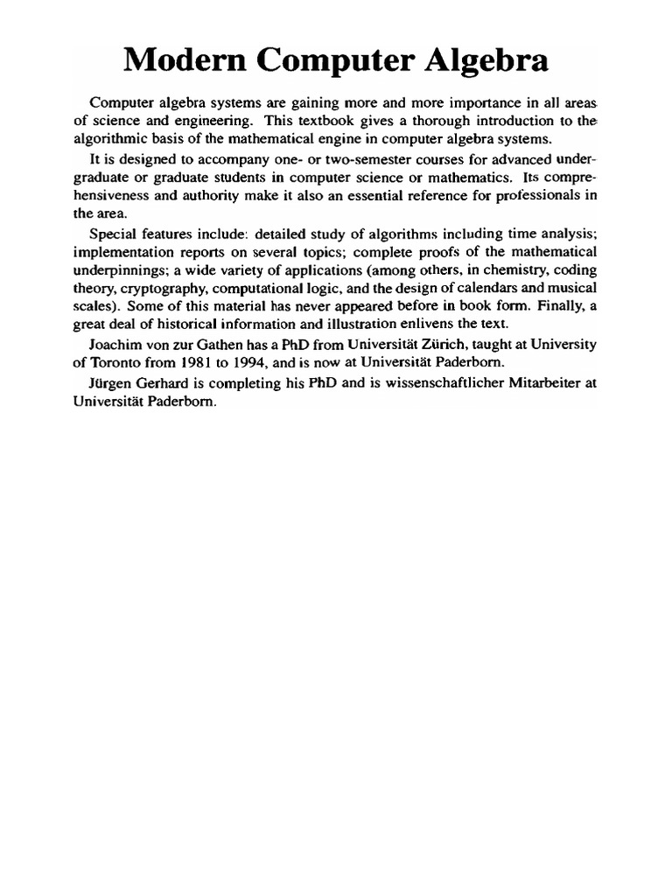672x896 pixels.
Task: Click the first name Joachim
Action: point(118,346)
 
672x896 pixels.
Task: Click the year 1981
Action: point(195,364)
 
